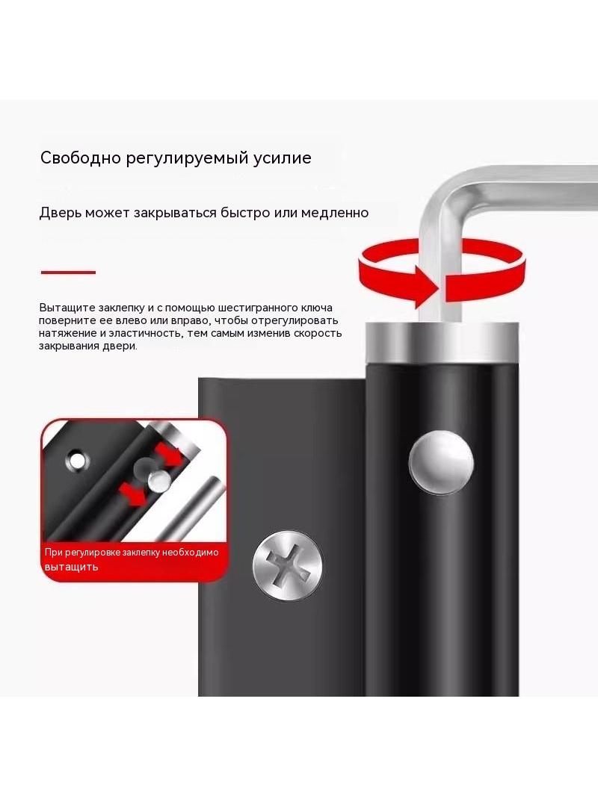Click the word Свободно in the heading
click(x=80, y=158)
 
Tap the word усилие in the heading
click(x=283, y=158)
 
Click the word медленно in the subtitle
click(x=335, y=212)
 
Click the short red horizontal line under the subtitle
click(x=68, y=273)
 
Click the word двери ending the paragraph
click(x=123, y=346)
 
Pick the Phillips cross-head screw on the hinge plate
click(x=288, y=565)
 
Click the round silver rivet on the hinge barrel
click(x=441, y=462)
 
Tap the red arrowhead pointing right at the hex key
click(x=426, y=287)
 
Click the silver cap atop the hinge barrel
click(x=442, y=342)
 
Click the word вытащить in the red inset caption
click(x=71, y=567)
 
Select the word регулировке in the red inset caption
click(x=93, y=553)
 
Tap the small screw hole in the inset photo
click(x=77, y=460)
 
